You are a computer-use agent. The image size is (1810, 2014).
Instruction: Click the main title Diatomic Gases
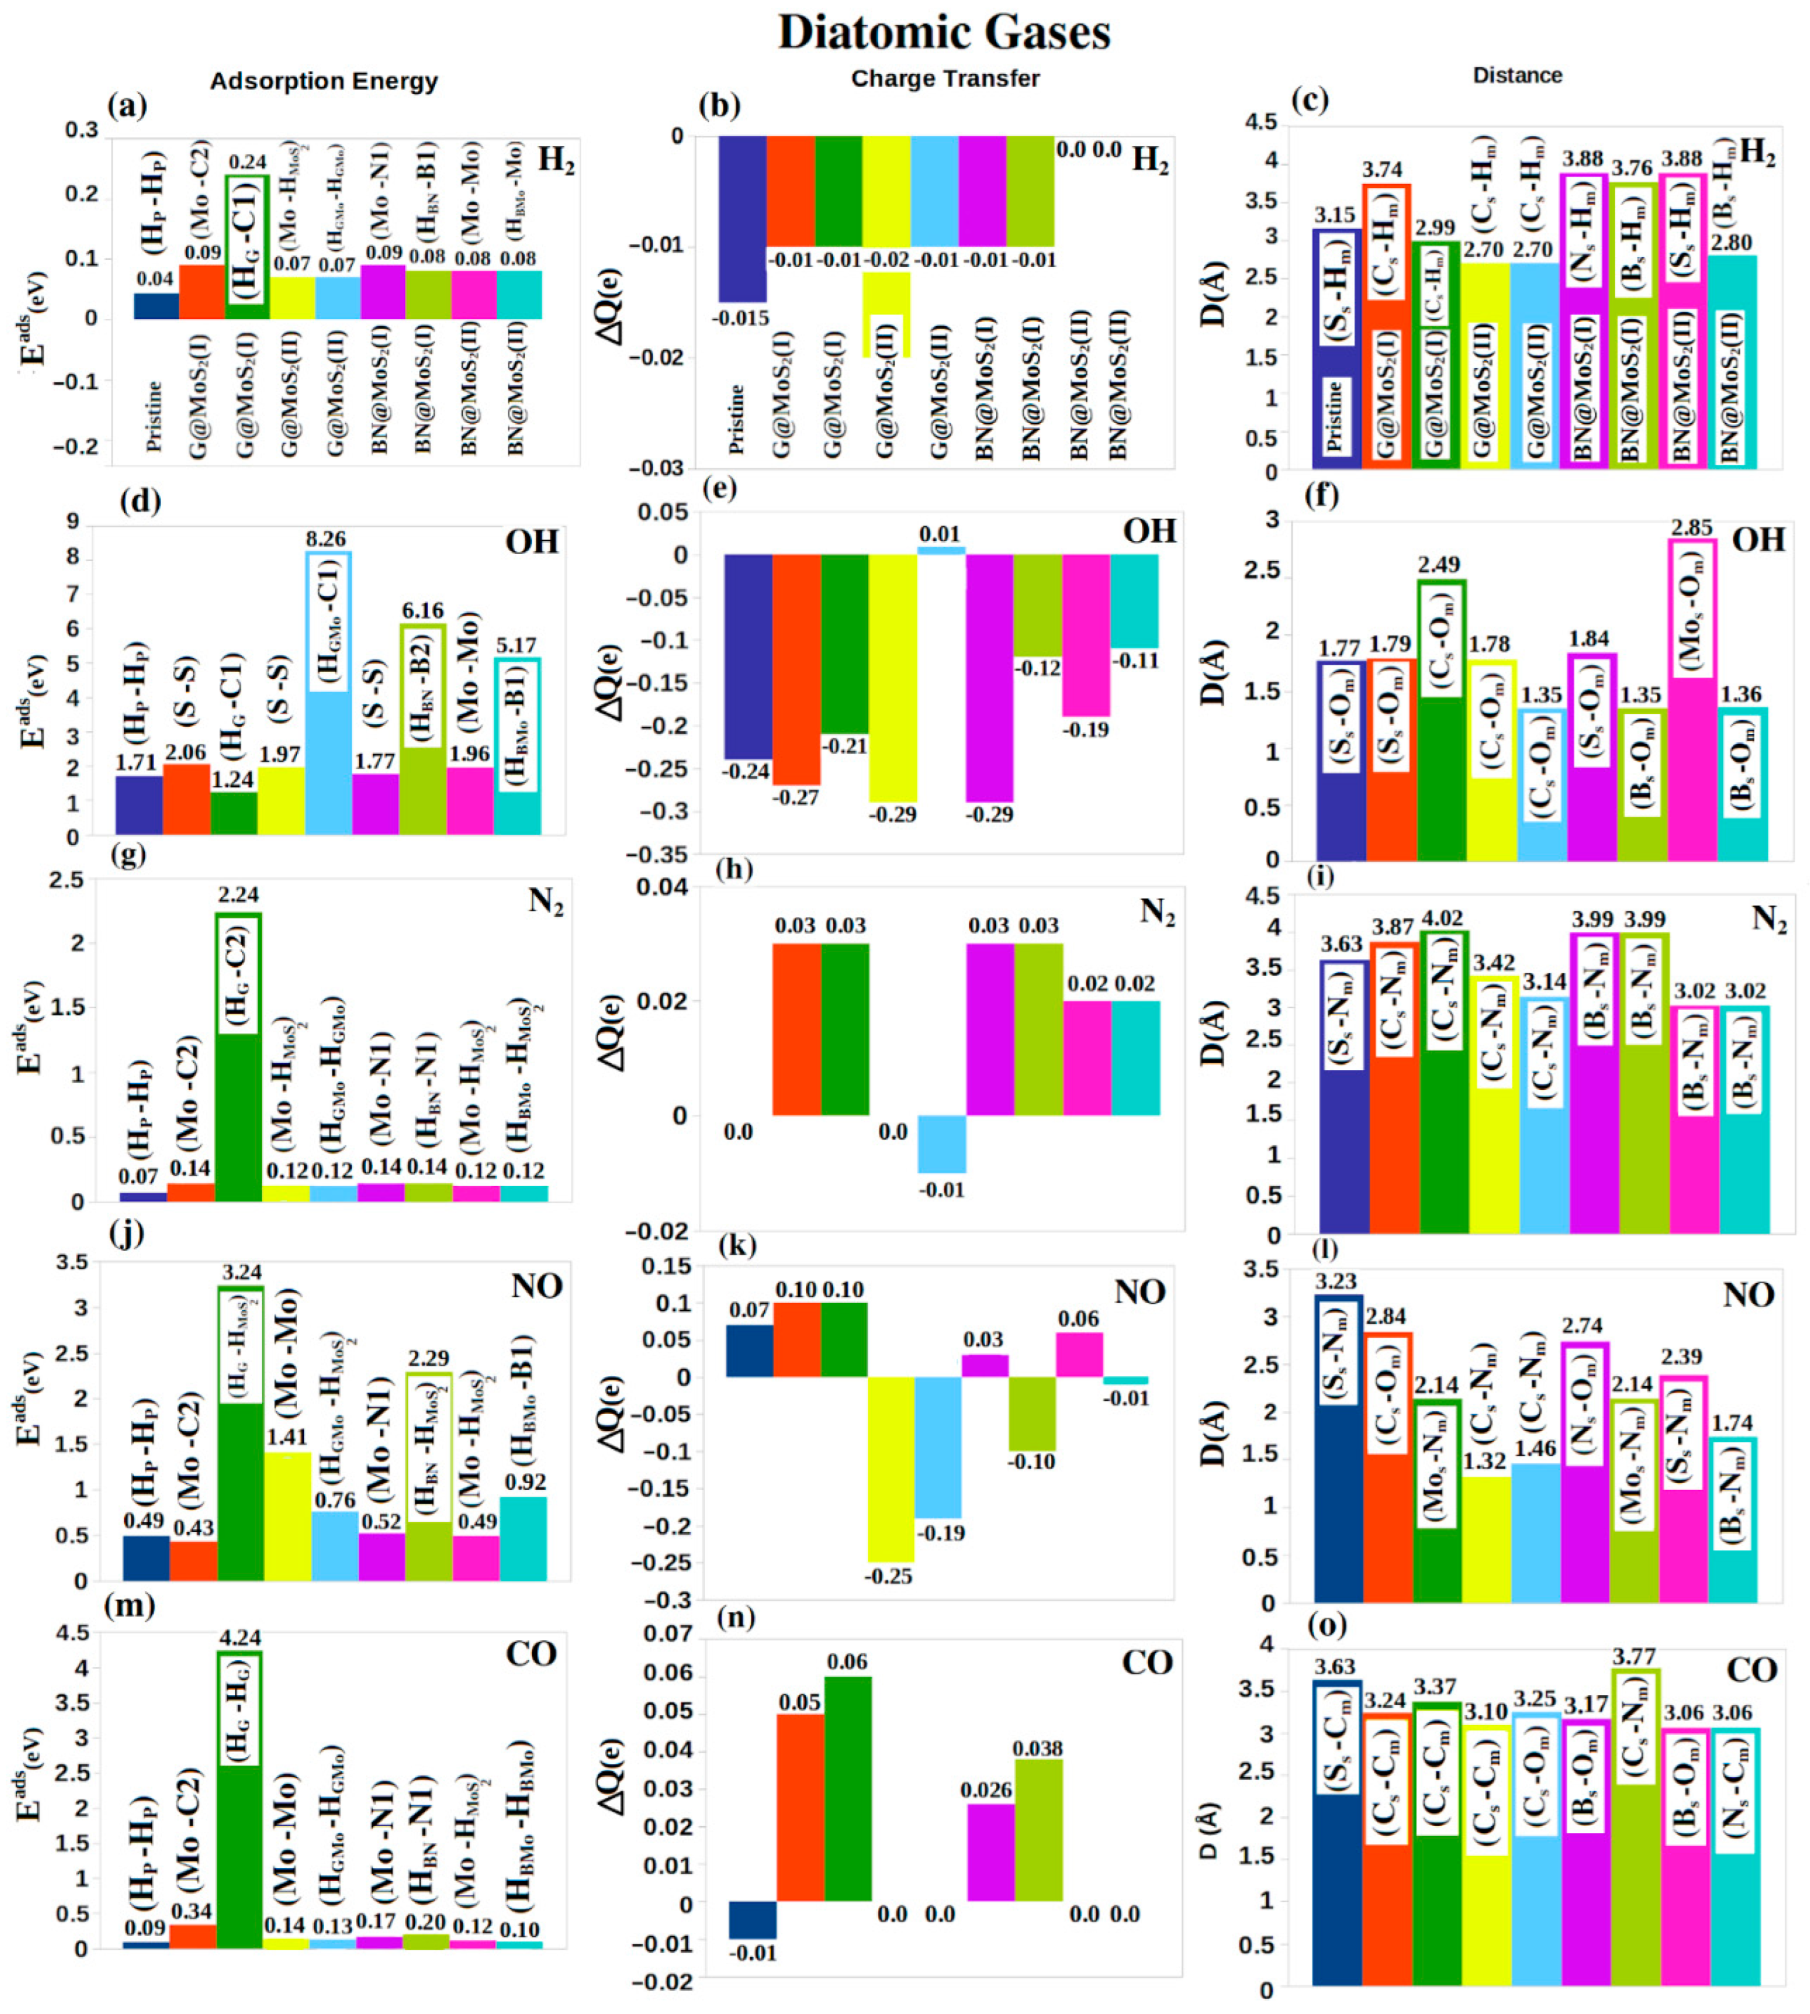click(x=944, y=33)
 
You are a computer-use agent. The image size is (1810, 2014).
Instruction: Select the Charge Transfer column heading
click(x=945, y=78)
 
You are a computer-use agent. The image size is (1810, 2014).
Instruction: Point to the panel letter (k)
click(x=739, y=1245)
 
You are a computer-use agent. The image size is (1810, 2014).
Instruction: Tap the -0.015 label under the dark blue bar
click(x=740, y=318)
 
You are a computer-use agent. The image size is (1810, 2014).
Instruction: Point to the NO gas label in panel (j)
click(x=537, y=1287)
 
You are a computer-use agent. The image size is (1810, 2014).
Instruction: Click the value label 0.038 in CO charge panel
click(x=1037, y=1748)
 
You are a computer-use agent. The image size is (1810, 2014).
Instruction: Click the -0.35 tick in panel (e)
click(x=659, y=854)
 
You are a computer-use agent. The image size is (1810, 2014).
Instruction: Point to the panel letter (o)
click(x=1327, y=1625)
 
